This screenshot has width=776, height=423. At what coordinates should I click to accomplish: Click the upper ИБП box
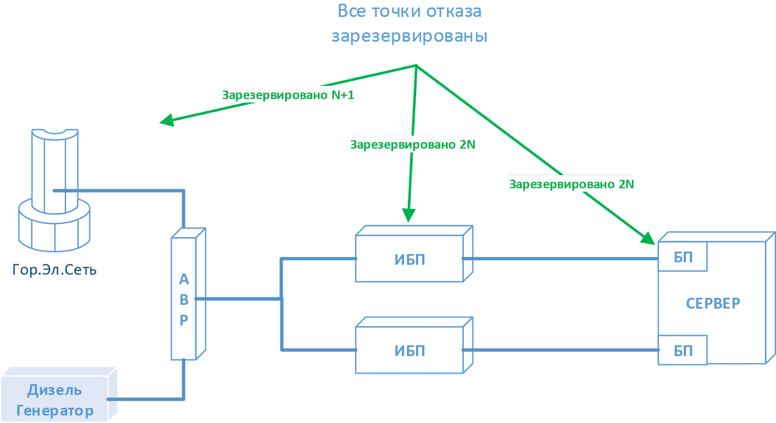point(410,259)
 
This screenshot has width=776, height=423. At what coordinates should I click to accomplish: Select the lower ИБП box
point(410,350)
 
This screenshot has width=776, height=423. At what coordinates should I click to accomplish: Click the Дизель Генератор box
point(54,400)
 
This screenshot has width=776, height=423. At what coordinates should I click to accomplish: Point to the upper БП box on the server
point(682,257)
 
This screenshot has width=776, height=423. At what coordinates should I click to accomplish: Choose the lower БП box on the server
point(682,350)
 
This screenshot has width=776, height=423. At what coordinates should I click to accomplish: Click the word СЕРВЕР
point(713,303)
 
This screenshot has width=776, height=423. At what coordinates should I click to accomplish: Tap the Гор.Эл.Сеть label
point(54,270)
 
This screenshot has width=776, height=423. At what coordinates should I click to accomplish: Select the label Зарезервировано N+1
point(288,95)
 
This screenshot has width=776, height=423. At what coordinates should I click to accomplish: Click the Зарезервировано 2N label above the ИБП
point(412,145)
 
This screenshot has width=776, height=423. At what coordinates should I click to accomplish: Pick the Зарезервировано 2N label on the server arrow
point(571,184)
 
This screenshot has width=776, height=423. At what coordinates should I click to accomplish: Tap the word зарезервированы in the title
point(409,36)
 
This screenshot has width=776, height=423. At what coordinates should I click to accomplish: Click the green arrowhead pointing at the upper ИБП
point(409,215)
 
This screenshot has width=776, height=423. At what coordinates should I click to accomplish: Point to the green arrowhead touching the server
point(648,238)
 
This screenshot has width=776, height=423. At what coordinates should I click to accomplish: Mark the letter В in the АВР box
point(184,300)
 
